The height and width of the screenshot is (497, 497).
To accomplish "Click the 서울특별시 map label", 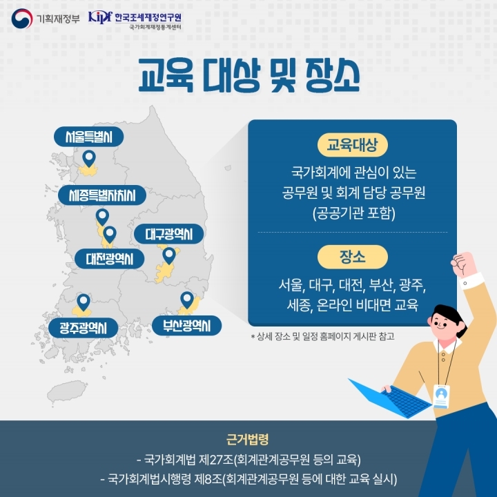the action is (x=89, y=137).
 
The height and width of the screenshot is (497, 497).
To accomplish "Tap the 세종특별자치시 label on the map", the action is (x=102, y=195).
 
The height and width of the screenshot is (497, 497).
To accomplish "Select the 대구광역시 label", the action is (x=168, y=234).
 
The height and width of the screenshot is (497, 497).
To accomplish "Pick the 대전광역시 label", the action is (x=109, y=259).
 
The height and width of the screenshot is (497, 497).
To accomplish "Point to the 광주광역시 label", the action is (x=83, y=328).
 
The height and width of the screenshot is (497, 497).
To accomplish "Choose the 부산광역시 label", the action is (x=186, y=326).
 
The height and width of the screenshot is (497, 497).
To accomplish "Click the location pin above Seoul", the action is (x=89, y=159).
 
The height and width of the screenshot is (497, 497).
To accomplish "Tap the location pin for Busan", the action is (x=187, y=300).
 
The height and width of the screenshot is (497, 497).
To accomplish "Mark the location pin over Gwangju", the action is (x=84, y=302).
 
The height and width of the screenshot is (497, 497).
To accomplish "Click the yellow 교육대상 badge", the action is (x=353, y=145).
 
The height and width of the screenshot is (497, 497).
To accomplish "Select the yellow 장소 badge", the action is (x=353, y=257).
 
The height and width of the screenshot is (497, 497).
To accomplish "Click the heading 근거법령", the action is (x=248, y=439).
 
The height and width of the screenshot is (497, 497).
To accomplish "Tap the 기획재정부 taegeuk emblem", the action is (x=22, y=19).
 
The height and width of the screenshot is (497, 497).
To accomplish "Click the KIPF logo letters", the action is (x=100, y=17).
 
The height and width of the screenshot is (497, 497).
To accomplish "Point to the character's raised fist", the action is (x=463, y=264).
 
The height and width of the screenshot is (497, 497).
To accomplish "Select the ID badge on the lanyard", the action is (x=441, y=396).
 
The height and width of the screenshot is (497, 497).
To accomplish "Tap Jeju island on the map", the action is (x=66, y=391).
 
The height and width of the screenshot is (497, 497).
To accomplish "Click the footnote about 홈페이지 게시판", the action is (x=322, y=336).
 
